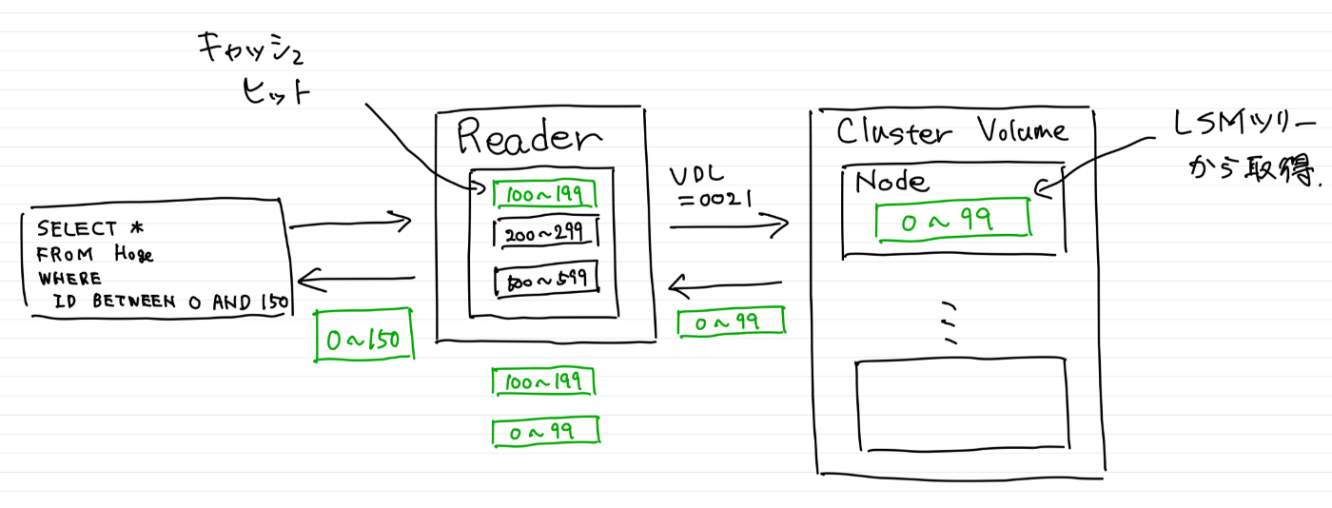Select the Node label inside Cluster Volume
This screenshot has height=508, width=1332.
pyautogui.click(x=891, y=180)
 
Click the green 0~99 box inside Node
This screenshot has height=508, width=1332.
pyautogui.click(x=953, y=221)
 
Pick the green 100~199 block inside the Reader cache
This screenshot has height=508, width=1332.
pyautogui.click(x=544, y=194)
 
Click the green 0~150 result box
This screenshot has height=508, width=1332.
pyautogui.click(x=364, y=339)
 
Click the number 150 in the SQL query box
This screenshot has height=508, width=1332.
pyautogui.click(x=274, y=303)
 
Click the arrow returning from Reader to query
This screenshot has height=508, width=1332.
pyautogui.click(x=356, y=279)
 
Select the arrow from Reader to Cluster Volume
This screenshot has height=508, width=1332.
pyautogui.click(x=729, y=226)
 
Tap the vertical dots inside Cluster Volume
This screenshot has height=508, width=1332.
pyautogui.click(x=948, y=324)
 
